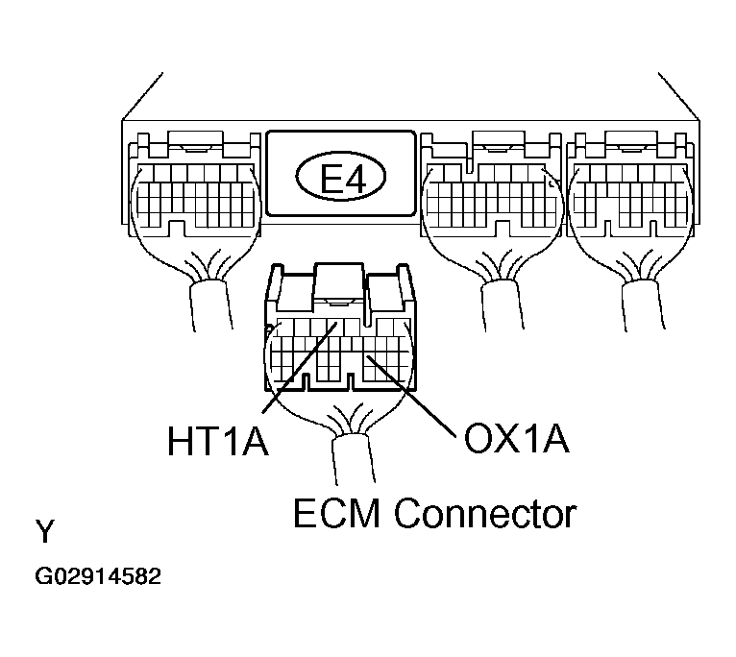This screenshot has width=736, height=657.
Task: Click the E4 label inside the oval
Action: [x=343, y=179]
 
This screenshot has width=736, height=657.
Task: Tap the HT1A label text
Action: [x=215, y=442]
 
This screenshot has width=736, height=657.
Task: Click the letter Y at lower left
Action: [x=44, y=531]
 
